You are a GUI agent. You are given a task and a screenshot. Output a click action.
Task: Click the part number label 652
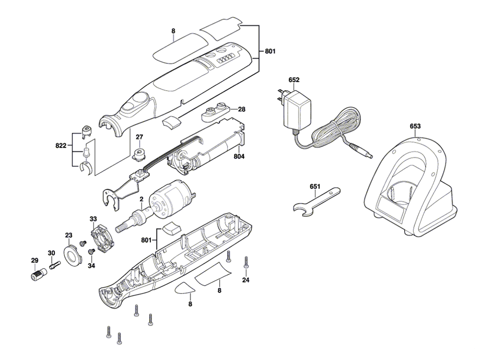point(294,80)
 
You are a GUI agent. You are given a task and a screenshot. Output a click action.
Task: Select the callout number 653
point(415,126)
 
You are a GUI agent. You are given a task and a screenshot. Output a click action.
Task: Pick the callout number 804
point(239,156)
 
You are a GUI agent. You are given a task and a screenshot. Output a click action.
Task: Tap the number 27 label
point(139,137)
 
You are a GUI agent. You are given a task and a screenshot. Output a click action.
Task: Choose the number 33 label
point(94,219)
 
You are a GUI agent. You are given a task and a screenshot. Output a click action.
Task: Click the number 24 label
point(246,280)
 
